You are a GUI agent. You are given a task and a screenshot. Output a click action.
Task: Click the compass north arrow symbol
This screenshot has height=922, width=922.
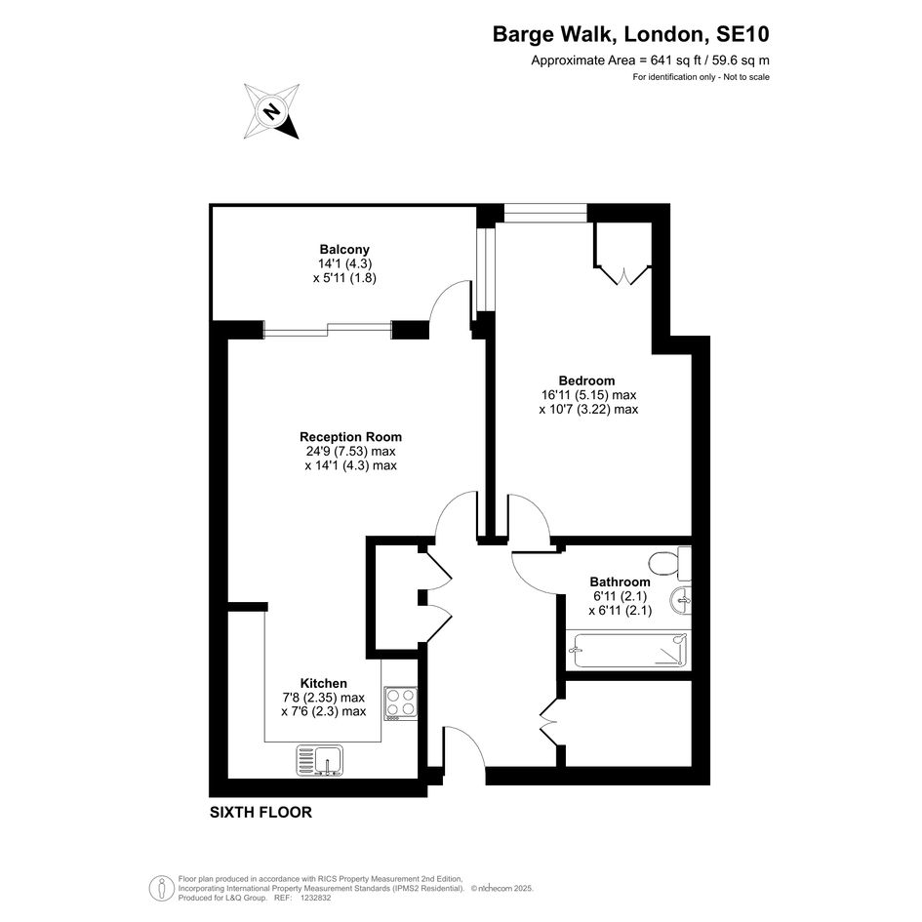[271, 111]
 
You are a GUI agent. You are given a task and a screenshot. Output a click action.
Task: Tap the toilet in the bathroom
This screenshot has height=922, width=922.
[669, 562]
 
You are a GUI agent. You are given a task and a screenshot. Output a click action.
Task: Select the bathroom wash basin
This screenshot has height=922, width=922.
[680, 601]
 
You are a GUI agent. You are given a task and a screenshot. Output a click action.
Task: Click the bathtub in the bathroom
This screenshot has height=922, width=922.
[630, 650]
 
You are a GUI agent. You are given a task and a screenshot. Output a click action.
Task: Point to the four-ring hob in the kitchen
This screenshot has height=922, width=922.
[400, 702]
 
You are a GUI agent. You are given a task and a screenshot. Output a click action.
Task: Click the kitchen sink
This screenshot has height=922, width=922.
[320, 760]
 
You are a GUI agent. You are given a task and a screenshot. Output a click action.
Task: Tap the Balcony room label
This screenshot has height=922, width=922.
[344, 250]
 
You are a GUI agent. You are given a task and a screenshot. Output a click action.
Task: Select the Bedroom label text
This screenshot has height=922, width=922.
[586, 381]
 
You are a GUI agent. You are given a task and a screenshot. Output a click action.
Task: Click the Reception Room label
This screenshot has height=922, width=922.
[350, 437]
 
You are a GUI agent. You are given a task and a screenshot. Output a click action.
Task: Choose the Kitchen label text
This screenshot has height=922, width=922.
[323, 683]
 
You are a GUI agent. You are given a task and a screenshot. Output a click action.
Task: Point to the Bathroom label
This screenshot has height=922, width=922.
[621, 581]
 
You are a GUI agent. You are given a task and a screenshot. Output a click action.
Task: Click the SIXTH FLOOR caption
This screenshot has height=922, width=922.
[261, 812]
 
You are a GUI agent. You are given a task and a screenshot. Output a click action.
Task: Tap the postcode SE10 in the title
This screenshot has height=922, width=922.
[742, 34]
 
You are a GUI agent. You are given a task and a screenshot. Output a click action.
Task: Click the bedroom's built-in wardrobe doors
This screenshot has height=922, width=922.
[623, 275]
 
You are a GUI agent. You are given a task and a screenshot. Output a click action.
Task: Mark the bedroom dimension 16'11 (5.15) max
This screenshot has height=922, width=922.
[588, 395]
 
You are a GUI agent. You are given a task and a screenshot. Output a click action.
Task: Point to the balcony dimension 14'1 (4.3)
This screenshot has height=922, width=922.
[344, 263]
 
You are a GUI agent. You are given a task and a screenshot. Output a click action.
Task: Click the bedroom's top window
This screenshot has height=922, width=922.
[545, 213]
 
